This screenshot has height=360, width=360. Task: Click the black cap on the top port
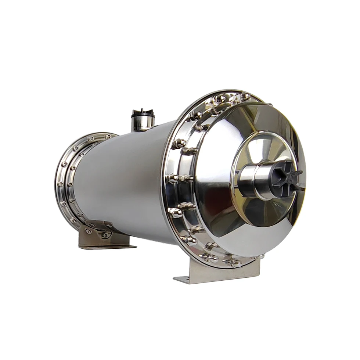tap(143, 112)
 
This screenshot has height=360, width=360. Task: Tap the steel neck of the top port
tap(143, 123)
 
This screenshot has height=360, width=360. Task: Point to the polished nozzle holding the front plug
tap(253, 180)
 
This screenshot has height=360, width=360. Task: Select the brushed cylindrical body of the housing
tap(121, 176)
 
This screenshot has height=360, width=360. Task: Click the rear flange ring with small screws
tap(68, 176)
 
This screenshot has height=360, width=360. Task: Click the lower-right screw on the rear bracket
tap(106, 235)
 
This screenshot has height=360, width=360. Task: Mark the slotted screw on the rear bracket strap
tap(89, 231)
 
